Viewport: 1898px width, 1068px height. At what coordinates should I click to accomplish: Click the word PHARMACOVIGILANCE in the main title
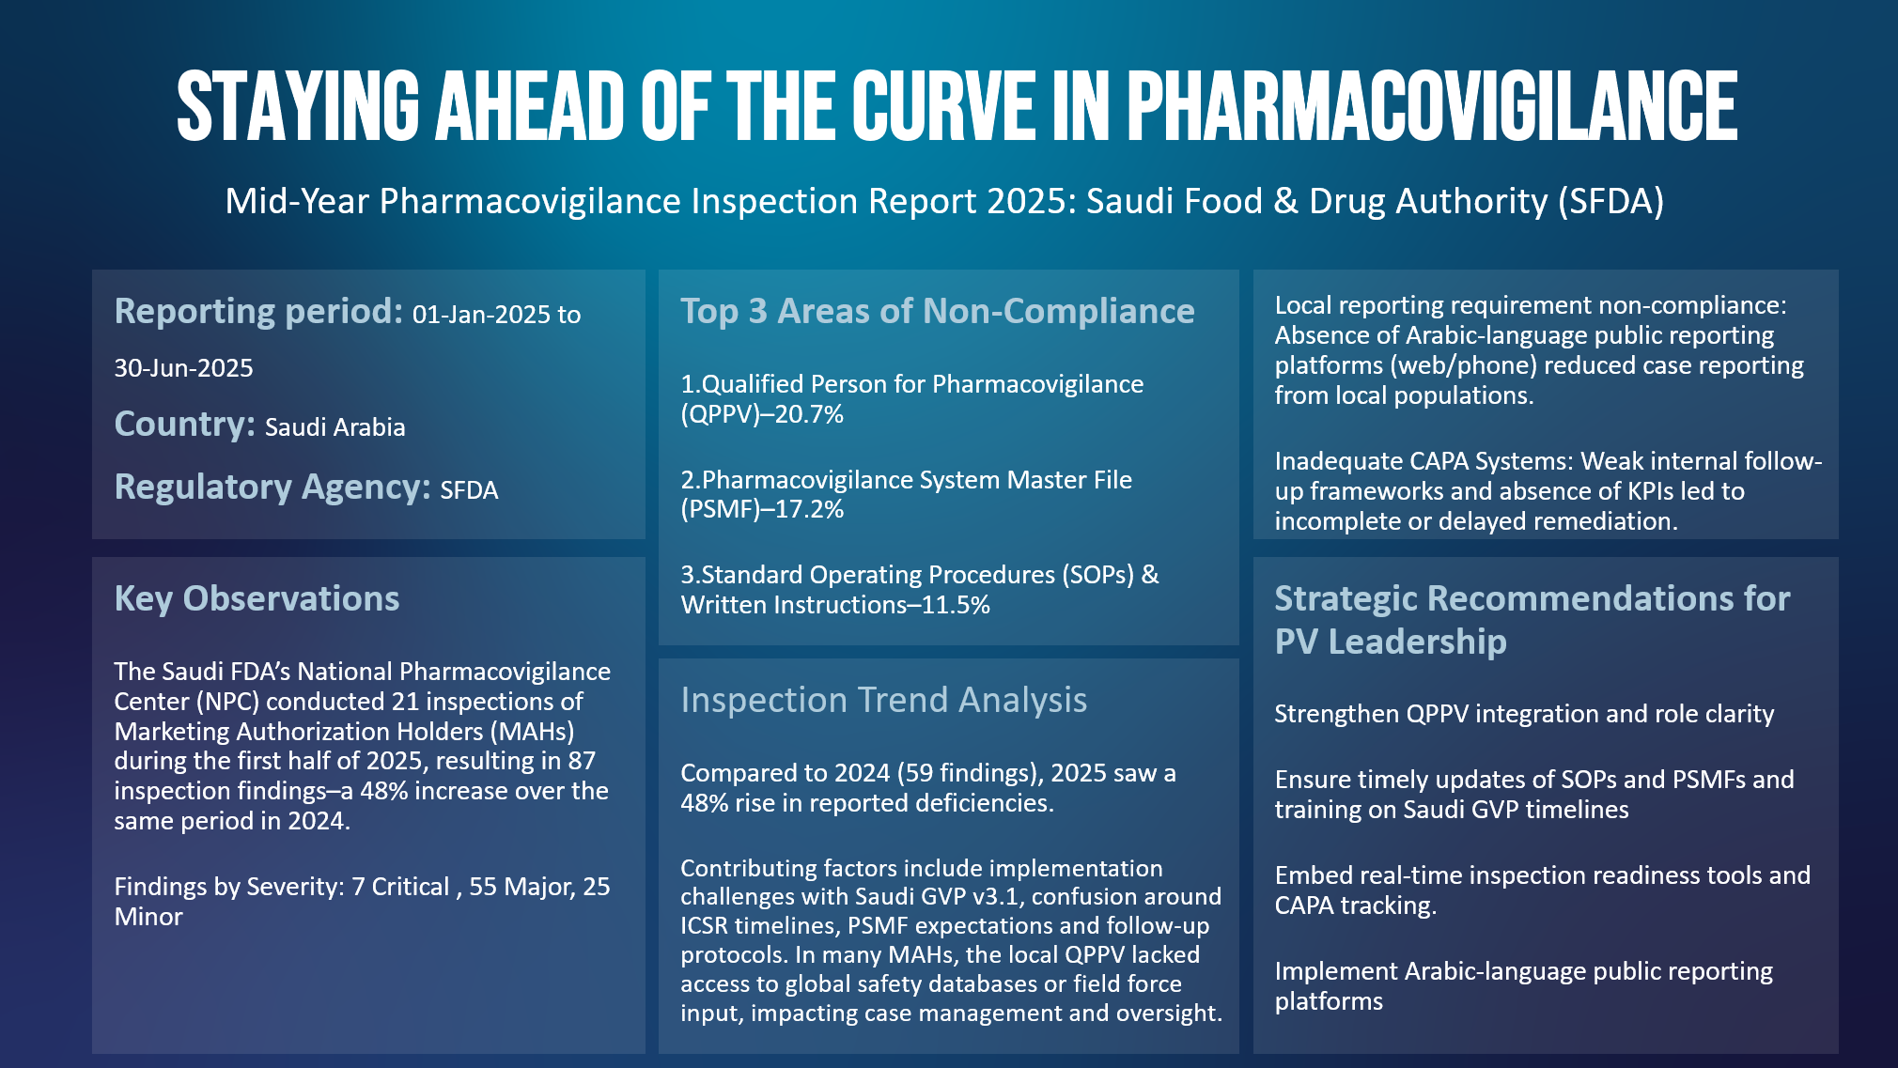click(x=1432, y=105)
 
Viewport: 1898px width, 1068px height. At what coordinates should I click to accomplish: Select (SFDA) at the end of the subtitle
click(x=1610, y=202)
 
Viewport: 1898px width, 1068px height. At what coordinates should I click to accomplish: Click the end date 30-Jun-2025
click(x=184, y=368)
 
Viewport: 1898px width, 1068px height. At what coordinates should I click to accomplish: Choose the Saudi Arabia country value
click(x=335, y=427)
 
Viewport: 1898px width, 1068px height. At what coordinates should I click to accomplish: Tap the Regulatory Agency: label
click(x=272, y=488)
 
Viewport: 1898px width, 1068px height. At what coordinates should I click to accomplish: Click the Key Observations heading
click(x=257, y=598)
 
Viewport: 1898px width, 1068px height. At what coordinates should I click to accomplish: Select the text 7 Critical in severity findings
click(x=400, y=887)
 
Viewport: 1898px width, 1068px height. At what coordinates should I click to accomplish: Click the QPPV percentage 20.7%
click(x=809, y=414)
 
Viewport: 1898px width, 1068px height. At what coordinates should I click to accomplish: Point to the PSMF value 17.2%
click(x=809, y=510)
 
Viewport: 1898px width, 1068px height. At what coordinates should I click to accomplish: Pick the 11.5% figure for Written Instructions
click(x=956, y=606)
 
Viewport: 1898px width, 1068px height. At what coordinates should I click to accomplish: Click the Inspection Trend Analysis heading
click(x=883, y=700)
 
